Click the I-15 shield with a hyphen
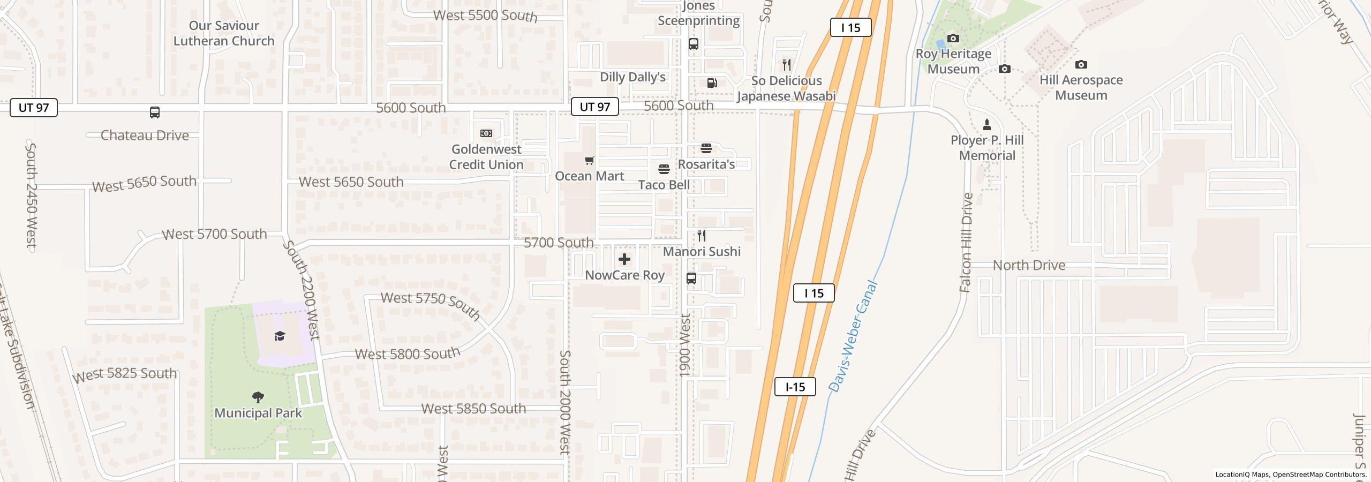(795, 387)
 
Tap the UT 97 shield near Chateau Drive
(34, 108)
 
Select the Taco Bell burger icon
(664, 169)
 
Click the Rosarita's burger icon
(706, 148)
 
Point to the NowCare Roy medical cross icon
(624, 260)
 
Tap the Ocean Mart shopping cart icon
(590, 160)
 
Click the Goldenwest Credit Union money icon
(486, 133)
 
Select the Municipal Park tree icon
(258, 397)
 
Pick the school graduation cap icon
(280, 336)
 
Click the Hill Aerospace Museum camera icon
(1081, 65)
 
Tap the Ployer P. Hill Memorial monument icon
(987, 125)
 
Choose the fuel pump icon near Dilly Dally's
(712, 83)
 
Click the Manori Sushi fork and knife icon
(702, 236)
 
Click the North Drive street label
(1029, 265)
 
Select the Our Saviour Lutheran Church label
(224, 33)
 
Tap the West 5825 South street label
(124, 374)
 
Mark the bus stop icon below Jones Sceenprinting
(693, 44)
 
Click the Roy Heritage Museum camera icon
(953, 39)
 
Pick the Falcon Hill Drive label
(966, 243)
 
